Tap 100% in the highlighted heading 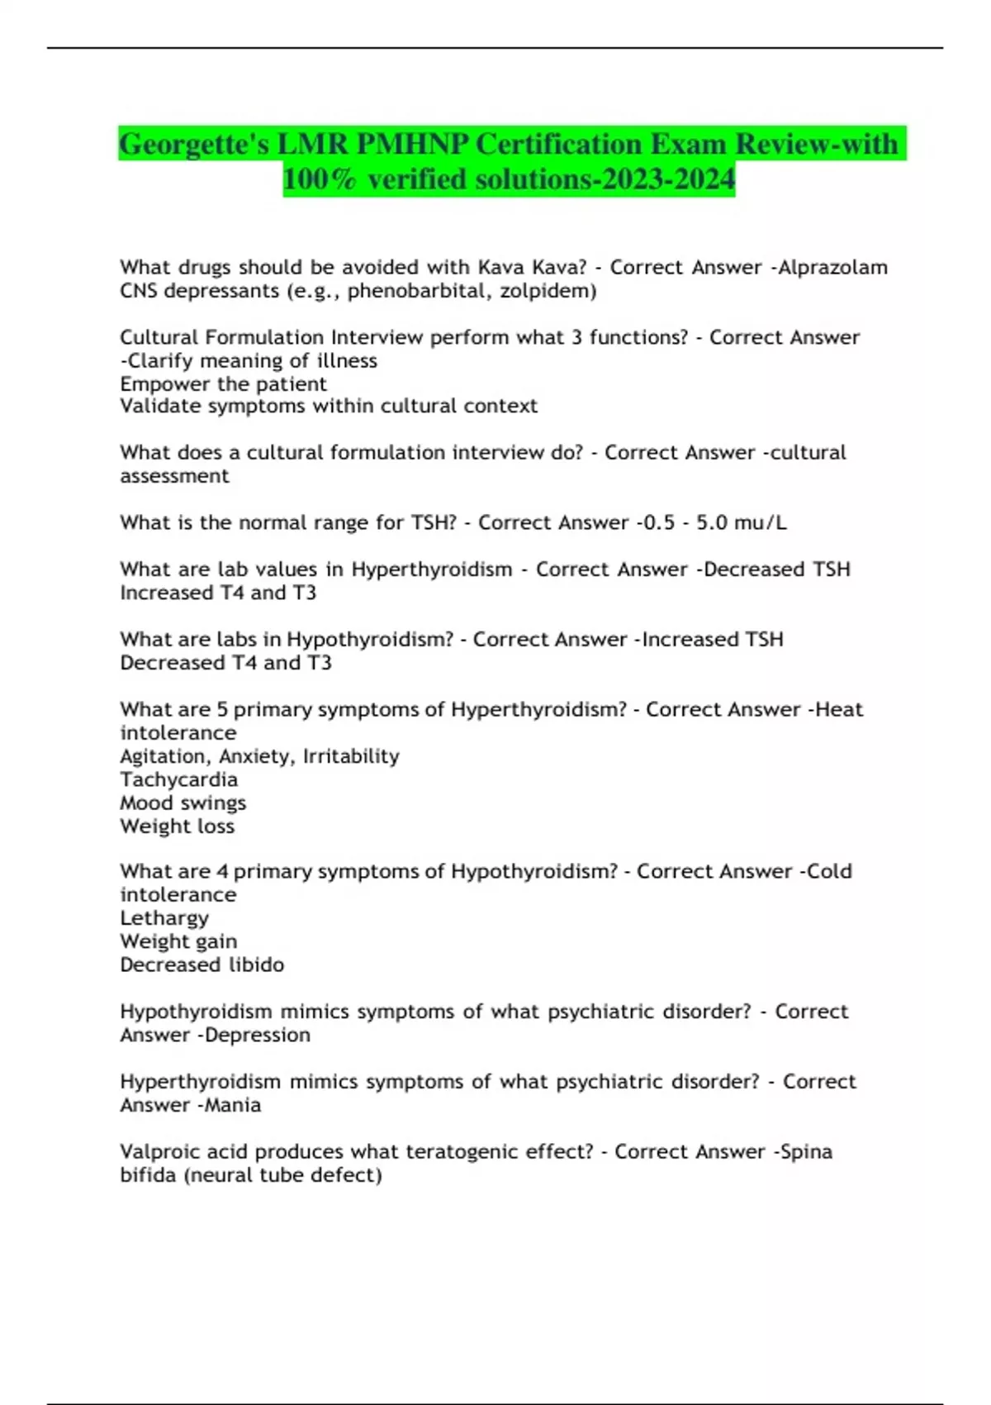[x=320, y=179]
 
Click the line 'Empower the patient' [x=223, y=384]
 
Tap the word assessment [x=174, y=476]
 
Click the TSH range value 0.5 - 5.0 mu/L [x=714, y=523]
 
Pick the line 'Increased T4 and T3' [x=218, y=593]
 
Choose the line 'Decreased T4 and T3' [x=225, y=663]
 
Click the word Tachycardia [x=178, y=779]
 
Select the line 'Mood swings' [x=183, y=803]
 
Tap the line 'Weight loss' [x=177, y=826]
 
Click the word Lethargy [x=164, y=918]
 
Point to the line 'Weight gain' [x=178, y=941]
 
